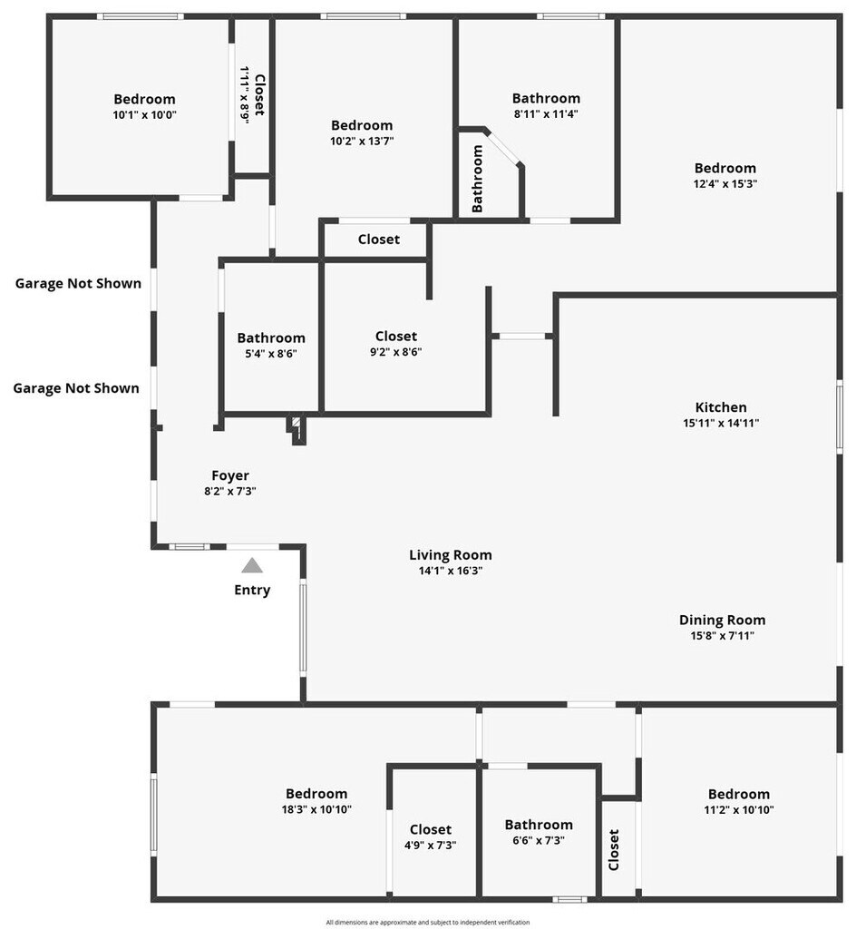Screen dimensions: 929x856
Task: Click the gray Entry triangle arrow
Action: tap(252, 565)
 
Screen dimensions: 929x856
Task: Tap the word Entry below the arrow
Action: tap(252, 590)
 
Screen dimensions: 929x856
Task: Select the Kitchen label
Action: tap(721, 407)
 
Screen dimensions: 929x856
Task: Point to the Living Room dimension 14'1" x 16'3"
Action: tap(451, 571)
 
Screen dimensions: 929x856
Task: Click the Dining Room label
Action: tap(722, 620)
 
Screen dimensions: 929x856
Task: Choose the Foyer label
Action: tap(230, 475)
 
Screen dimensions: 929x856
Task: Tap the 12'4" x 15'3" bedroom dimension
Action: tap(725, 183)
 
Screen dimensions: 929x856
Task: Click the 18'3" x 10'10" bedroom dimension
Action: tap(316, 809)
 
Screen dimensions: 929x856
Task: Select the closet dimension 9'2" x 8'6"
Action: tap(396, 352)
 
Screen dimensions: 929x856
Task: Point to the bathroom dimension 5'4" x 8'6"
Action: tap(271, 354)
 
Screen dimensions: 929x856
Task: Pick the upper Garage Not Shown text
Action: tap(78, 283)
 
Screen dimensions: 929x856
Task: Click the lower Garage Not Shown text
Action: tap(76, 388)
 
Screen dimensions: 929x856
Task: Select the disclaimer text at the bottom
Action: tap(428, 922)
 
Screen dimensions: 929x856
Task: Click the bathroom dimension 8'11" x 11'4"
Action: tap(546, 114)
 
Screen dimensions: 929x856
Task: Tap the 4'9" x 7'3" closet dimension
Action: tap(430, 845)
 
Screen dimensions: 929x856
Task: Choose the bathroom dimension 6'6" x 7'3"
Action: tap(539, 840)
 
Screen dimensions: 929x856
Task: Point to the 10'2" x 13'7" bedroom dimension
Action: tap(362, 141)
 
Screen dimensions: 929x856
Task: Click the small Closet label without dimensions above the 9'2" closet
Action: tap(378, 240)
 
